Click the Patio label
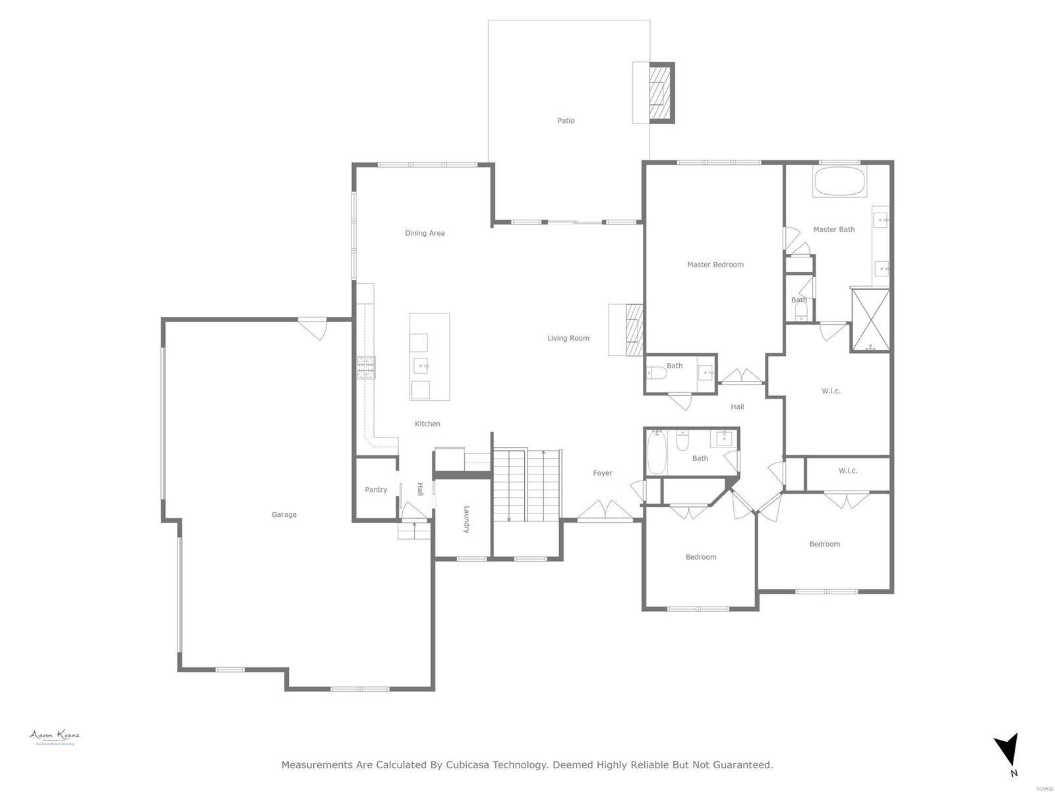(x=566, y=121)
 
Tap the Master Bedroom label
(x=715, y=265)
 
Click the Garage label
(x=284, y=515)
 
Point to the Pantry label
(x=376, y=490)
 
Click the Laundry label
(x=466, y=519)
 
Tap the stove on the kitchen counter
(x=366, y=368)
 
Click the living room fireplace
(x=634, y=330)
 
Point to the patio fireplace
(x=661, y=92)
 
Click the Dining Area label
(x=425, y=233)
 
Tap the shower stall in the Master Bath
(x=870, y=320)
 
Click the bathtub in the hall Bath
(x=656, y=453)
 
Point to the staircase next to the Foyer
(x=526, y=485)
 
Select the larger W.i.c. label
(x=831, y=391)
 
